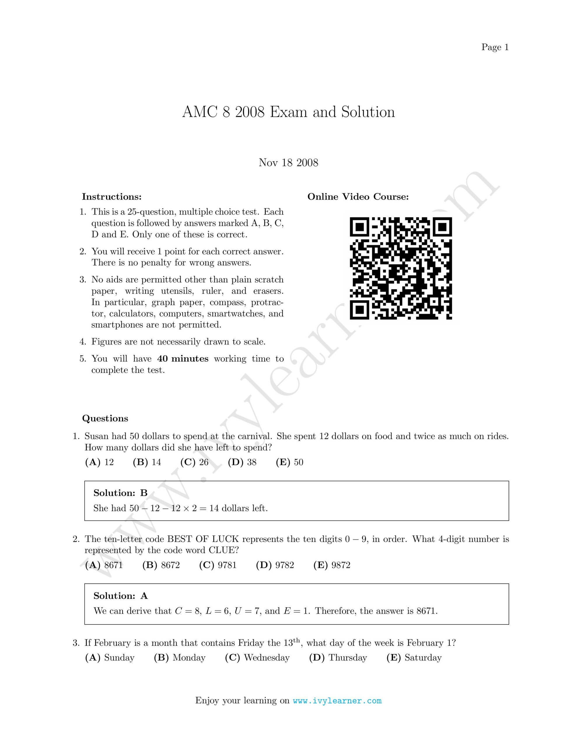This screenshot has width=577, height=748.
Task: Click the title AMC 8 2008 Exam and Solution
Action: [x=288, y=112]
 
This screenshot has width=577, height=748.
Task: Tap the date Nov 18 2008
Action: [x=288, y=162]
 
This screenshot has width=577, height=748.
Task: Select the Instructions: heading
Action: [x=111, y=197]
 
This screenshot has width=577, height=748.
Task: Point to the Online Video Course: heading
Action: [x=358, y=197]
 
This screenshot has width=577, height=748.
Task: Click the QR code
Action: [x=401, y=268]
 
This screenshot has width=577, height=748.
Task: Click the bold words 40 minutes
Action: [x=183, y=359]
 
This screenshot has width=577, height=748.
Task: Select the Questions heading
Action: [x=105, y=418]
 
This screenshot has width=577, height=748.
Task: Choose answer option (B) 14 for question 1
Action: [x=147, y=462]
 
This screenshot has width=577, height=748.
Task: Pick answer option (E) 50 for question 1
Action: [x=289, y=462]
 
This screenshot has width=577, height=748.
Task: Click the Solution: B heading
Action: [x=120, y=493]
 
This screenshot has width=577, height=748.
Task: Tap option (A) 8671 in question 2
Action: [x=104, y=565]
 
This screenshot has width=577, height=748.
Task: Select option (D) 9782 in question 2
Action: [x=275, y=565]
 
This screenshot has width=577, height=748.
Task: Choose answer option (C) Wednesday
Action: [x=257, y=658]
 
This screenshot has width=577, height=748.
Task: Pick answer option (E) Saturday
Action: [x=414, y=658]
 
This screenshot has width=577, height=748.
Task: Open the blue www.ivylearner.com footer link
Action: [x=337, y=701]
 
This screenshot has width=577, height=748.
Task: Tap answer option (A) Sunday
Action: [x=109, y=658]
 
